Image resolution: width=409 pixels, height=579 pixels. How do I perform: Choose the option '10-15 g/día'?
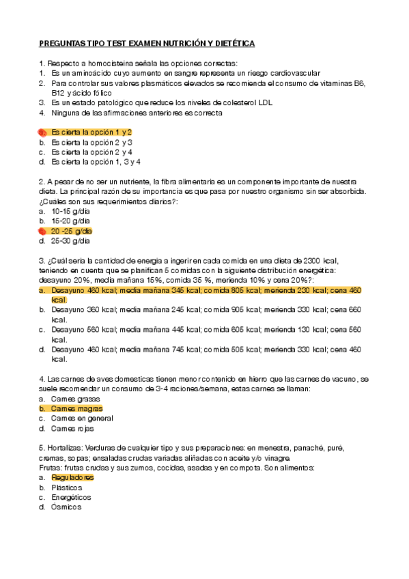point(70,212)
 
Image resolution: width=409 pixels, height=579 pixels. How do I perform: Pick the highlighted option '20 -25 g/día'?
point(72,231)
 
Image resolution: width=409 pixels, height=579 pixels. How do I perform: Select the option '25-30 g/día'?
point(70,241)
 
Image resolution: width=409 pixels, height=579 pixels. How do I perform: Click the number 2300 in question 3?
point(311,261)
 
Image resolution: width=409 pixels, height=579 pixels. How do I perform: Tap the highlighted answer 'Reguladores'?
point(72,478)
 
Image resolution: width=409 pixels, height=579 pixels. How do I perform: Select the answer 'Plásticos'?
point(66,488)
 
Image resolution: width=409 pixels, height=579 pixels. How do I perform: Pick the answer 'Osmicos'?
point(66,507)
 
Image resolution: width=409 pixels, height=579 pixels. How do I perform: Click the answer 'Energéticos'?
point(72,498)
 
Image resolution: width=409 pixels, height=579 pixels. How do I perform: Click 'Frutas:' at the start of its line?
point(51,468)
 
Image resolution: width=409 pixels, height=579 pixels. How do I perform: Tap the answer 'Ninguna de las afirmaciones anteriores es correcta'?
point(136,113)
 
